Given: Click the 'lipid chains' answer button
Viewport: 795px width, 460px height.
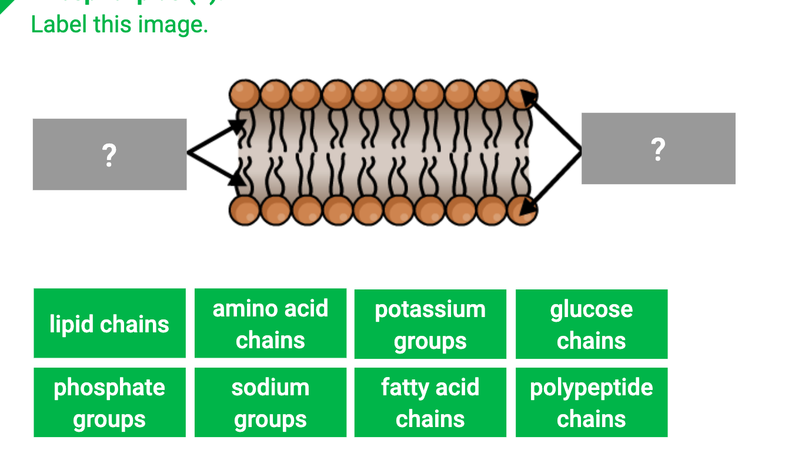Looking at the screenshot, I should click(109, 324).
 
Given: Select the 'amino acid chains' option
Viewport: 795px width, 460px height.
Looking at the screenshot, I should click(270, 324).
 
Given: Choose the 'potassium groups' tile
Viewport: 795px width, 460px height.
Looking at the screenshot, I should click(430, 324).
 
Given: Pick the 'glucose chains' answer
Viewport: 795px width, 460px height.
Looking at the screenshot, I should click(591, 324).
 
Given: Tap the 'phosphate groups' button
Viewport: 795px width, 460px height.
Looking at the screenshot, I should click(109, 402).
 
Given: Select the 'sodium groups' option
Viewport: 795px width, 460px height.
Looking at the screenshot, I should click(270, 402).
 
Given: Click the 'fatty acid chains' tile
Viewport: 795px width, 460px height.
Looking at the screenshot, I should click(430, 402).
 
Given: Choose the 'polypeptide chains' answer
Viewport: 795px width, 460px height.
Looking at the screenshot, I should click(591, 402).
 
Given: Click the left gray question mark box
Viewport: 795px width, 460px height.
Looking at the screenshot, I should click(109, 154).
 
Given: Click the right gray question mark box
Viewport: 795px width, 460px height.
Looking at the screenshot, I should click(658, 148).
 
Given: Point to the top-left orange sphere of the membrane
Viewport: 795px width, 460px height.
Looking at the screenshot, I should click(244, 95).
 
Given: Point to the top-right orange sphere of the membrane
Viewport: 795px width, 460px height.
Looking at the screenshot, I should click(522, 95).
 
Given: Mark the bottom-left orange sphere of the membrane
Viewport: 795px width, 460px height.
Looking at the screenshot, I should click(244, 210).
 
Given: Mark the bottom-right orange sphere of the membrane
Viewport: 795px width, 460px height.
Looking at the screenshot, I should click(522, 210).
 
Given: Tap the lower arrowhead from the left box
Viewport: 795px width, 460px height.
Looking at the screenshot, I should click(237, 178).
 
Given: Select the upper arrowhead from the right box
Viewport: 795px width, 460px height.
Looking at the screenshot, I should click(529, 97).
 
